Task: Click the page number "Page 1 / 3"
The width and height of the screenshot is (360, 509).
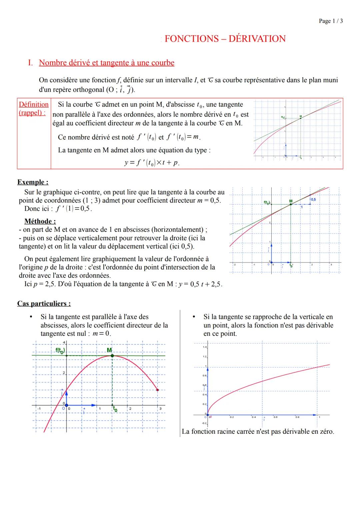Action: click(x=330, y=21)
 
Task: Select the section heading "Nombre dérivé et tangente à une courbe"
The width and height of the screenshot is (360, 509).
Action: click(x=106, y=63)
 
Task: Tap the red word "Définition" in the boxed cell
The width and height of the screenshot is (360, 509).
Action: click(x=34, y=105)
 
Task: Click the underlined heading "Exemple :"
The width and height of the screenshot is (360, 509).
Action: click(x=33, y=182)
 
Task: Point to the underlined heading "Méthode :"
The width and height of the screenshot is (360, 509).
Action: click(x=40, y=221)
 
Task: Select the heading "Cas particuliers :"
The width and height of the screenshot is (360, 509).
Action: click(x=44, y=303)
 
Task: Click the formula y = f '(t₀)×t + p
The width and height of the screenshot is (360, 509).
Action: click(x=152, y=163)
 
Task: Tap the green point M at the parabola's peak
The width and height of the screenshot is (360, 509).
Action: click(x=112, y=356)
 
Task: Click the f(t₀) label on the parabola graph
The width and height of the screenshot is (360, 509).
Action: click(x=60, y=350)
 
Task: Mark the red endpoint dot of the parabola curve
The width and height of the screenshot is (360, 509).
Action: click(x=157, y=390)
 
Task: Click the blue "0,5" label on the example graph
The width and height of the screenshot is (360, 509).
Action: click(x=313, y=199)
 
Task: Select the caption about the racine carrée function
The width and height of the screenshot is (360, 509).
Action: click(x=258, y=431)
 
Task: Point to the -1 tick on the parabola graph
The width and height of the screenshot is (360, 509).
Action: click(x=39, y=409)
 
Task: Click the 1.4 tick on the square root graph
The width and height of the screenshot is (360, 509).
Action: click(x=204, y=347)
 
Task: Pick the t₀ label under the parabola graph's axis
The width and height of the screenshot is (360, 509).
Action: click(x=115, y=409)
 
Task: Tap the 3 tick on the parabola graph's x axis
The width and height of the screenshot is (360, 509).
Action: click(x=160, y=409)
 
